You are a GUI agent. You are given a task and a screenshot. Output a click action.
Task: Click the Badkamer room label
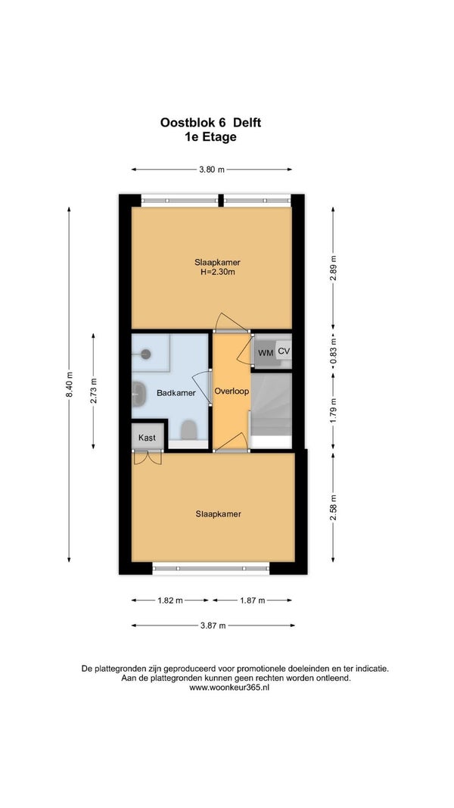(176, 393)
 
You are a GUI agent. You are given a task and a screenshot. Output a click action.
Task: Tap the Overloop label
(232, 391)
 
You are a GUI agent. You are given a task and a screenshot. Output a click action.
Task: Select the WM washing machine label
(266, 353)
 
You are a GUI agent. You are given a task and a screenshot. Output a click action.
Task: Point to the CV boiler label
(284, 351)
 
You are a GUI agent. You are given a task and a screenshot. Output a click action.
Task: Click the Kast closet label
(148, 438)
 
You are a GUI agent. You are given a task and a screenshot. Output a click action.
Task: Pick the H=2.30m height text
(217, 272)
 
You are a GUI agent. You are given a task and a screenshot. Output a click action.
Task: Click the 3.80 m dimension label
(212, 170)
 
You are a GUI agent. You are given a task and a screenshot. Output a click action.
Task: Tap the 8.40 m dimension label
(69, 385)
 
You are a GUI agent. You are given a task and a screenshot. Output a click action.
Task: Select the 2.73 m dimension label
(93, 391)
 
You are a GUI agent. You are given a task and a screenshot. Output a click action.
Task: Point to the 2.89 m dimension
(333, 268)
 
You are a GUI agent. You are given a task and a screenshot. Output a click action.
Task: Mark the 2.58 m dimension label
(333, 507)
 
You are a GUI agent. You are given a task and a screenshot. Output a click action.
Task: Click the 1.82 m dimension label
(170, 601)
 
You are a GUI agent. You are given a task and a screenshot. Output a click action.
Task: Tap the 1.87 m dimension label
(252, 601)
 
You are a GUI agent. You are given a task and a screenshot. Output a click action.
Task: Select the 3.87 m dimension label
(213, 625)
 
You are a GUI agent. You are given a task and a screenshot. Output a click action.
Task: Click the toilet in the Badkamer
(189, 430)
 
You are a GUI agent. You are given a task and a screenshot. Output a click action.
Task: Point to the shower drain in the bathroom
(146, 354)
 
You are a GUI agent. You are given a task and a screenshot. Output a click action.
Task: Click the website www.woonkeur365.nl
(229, 688)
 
